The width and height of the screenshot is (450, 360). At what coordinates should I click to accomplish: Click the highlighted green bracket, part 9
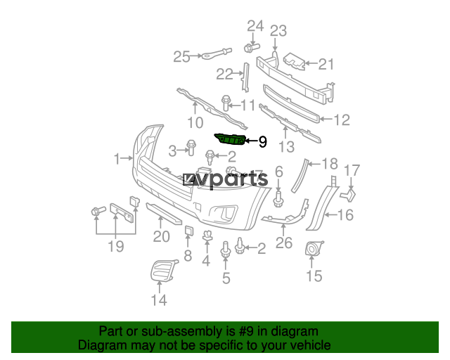231,139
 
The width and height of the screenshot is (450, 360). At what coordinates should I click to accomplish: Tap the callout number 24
255,26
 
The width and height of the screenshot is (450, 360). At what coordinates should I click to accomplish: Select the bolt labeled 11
226,103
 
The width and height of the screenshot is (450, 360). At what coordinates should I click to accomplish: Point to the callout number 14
159,300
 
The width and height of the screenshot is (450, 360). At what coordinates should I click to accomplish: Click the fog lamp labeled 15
314,248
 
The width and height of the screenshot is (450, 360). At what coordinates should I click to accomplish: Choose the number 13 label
287,147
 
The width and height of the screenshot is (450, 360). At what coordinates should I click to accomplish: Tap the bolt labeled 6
278,199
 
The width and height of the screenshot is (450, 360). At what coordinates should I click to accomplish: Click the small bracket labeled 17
349,195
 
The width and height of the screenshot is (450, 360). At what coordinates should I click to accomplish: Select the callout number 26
284,243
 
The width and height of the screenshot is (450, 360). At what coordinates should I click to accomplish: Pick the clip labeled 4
207,236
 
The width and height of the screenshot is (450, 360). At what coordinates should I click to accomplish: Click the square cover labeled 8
189,231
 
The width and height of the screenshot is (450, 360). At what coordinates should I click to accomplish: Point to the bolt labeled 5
226,249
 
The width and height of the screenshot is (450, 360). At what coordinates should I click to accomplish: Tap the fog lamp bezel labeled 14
162,271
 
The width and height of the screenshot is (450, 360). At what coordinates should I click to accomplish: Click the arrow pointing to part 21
311,63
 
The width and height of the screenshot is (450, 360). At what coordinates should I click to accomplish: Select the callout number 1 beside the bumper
117,159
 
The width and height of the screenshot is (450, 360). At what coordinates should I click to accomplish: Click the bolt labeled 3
191,147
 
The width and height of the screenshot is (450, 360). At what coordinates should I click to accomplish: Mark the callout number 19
116,246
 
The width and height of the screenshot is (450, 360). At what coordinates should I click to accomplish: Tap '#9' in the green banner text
245,331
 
